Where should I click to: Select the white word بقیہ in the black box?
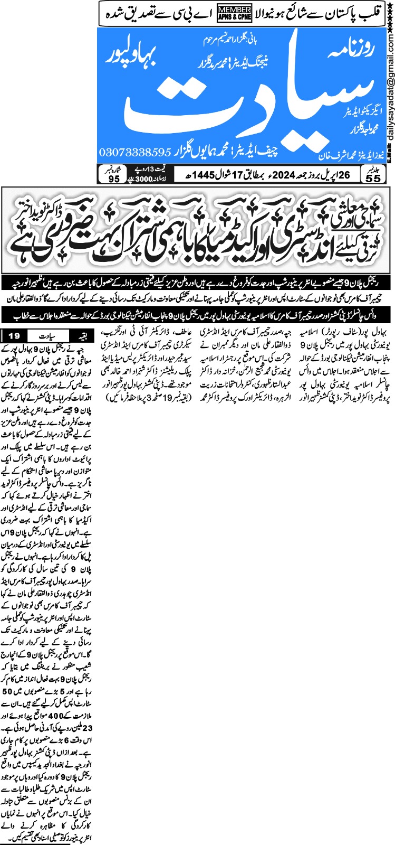pyautogui.click(x=85, y=335)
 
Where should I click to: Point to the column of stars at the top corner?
pyautogui.click(x=390, y=16)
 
